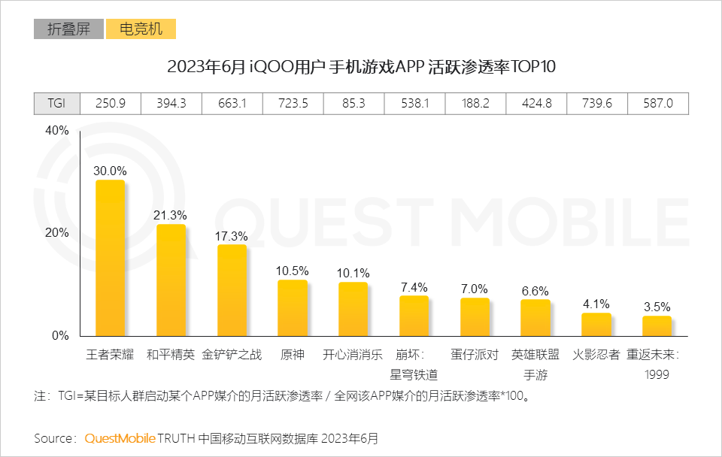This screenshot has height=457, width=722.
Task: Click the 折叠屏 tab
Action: click(68, 29)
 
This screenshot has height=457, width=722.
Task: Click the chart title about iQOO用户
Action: click(361, 67)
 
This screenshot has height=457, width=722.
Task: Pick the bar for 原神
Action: click(293, 307)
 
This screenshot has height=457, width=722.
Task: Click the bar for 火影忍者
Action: click(596, 324)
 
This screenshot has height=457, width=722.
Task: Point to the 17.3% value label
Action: click(231, 236)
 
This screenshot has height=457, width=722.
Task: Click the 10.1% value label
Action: click(353, 273)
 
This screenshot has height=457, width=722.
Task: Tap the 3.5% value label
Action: click(657, 307)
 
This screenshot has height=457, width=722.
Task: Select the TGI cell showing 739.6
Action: click(596, 104)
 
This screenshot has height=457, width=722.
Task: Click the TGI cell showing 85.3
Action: click(353, 104)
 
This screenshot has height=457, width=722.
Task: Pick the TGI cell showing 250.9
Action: click(110, 104)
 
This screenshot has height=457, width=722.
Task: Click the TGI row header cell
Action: click(56, 104)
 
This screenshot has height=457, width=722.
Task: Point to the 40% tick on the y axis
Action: click(56, 131)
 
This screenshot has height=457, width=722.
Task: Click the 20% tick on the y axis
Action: click(56, 233)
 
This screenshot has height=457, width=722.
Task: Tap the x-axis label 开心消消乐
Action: click(353, 355)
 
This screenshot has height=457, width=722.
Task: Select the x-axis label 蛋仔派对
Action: click(475, 355)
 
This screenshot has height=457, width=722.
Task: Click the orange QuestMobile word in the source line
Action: click(120, 437)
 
